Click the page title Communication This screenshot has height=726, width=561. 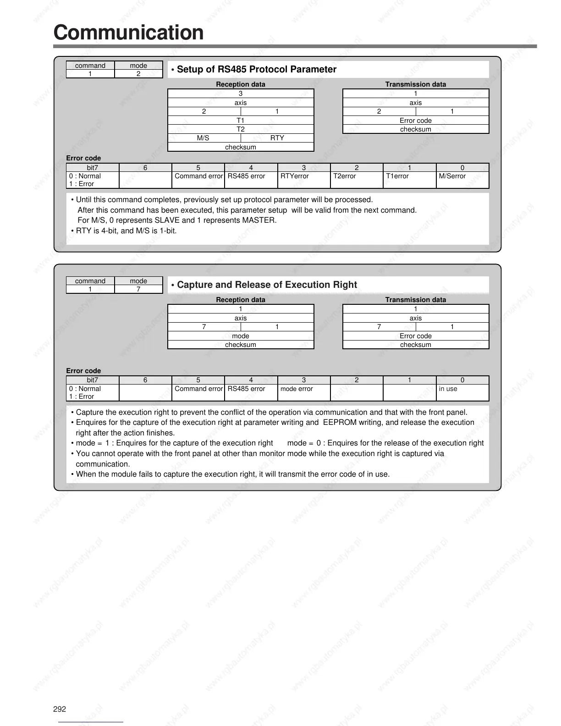click(x=128, y=33)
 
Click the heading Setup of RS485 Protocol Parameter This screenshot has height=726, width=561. click(x=256, y=69)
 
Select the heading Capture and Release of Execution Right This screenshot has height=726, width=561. click(x=266, y=285)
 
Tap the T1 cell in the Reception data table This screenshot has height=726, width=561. click(x=241, y=121)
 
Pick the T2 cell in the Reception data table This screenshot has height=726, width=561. click(x=241, y=129)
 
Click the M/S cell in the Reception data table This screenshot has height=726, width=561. click(x=203, y=138)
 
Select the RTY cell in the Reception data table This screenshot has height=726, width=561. click(x=277, y=138)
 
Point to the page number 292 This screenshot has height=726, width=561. click(x=60, y=709)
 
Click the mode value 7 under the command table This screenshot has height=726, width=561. click(x=138, y=289)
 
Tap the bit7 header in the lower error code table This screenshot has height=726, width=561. click(x=93, y=380)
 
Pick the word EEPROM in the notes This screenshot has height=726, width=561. click(x=336, y=423)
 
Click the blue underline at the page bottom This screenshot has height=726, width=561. click(x=91, y=722)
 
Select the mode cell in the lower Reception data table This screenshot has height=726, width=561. click(x=241, y=336)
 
